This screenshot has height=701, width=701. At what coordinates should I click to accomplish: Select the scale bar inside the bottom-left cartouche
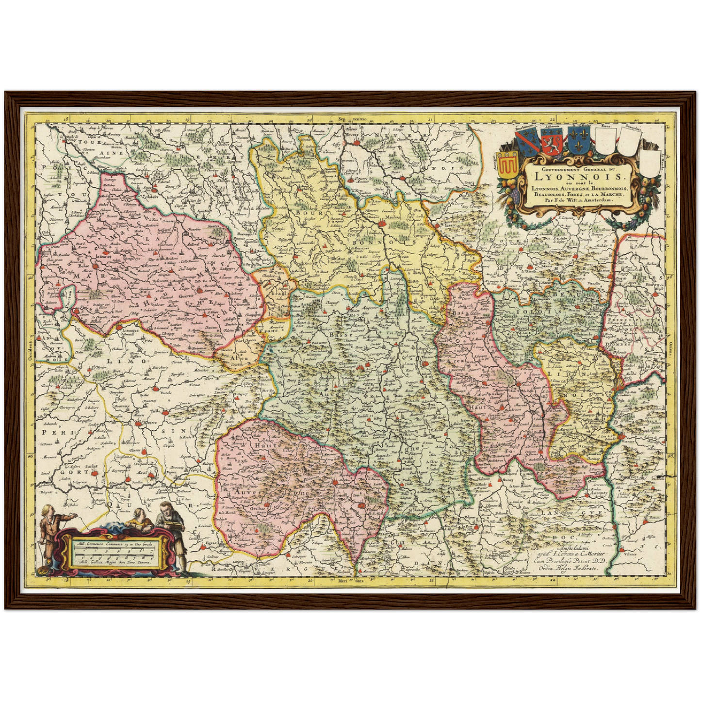tap(114, 553)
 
